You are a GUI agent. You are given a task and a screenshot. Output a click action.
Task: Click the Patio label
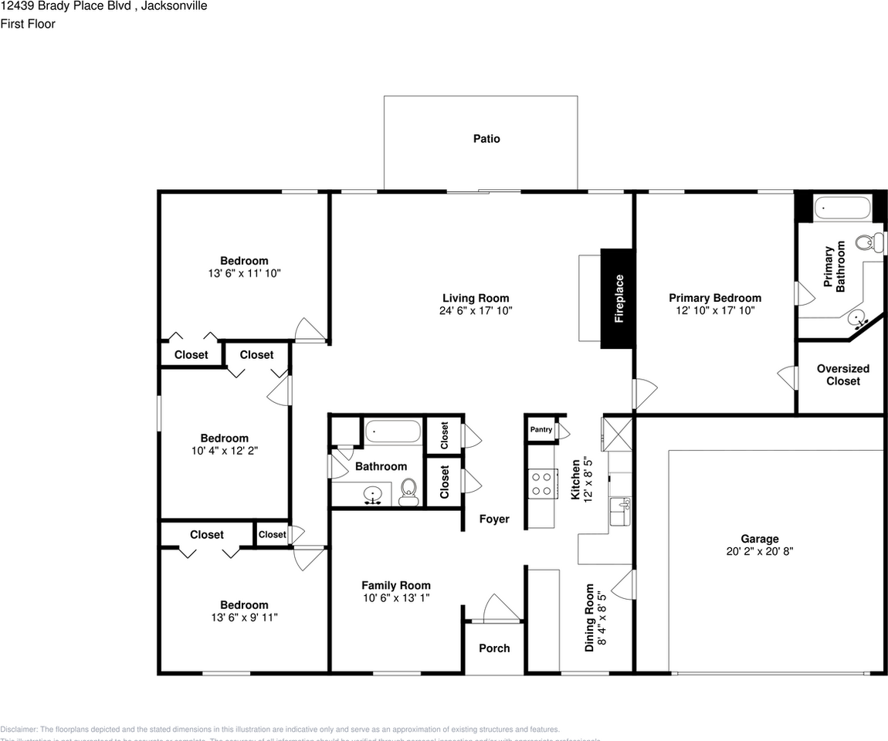486,139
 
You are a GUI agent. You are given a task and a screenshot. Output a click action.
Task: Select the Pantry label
541,429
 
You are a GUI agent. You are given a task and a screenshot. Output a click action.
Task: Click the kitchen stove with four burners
542,483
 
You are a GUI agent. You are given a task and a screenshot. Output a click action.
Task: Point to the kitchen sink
620,511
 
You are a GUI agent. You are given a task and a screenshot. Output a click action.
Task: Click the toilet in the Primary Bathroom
871,242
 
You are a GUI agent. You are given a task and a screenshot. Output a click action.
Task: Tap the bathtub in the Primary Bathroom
842,208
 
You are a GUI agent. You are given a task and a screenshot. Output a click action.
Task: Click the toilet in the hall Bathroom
409,491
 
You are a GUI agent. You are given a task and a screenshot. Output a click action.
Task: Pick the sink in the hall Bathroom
373,493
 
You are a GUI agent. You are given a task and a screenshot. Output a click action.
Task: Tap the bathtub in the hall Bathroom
393,431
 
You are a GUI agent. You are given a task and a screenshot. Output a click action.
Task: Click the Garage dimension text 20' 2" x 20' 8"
759,552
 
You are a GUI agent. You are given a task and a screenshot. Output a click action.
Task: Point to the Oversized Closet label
842,374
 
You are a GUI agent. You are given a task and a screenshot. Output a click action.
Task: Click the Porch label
494,648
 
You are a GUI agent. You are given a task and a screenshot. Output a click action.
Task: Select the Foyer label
494,519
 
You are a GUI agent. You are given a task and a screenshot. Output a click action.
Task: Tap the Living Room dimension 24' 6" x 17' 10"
476,310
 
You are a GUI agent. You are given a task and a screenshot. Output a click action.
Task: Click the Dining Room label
589,617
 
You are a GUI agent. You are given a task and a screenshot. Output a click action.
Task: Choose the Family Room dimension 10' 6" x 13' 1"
396,597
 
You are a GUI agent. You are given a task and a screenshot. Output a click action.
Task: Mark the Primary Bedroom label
714,298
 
